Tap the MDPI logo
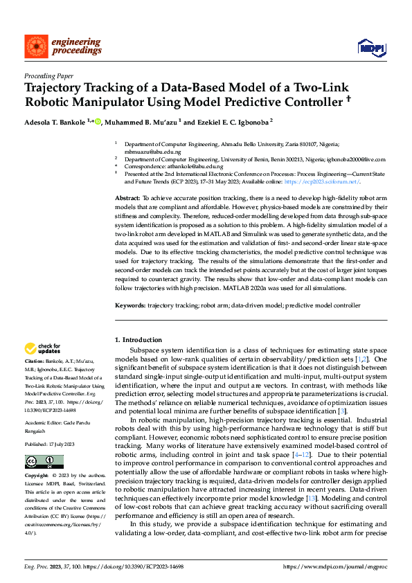click(370, 46)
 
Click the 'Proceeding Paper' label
click(48, 76)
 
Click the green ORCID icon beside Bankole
click(98, 122)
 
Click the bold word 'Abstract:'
click(129, 198)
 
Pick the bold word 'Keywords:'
click(131, 305)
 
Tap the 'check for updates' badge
click(42, 349)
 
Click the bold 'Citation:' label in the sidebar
click(35, 361)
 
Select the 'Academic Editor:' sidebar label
click(44, 409)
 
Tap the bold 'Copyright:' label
click(37, 477)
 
